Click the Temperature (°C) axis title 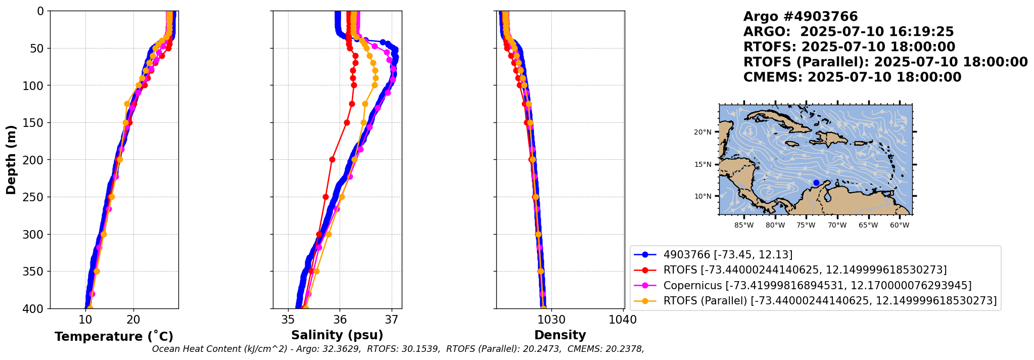pos(114,337)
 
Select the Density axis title pos(560,335)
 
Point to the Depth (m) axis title pos(11,160)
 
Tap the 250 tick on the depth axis pos(36,197)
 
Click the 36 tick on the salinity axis pos(340,320)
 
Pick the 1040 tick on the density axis pos(624,320)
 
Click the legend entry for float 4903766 pos(714,255)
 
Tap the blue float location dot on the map pos(816,183)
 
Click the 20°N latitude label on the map pos(702,132)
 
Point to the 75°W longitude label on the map pos(806,225)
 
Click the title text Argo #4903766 pos(801,17)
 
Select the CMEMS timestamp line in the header pos(853,77)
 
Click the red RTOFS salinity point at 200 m pos(332,159)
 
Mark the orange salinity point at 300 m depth pos(328,234)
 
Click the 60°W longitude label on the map pos(900,225)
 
